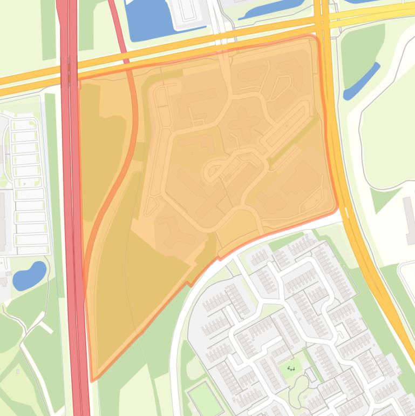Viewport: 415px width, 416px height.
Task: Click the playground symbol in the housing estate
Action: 291,369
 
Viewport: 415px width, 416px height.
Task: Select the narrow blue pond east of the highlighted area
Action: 361,82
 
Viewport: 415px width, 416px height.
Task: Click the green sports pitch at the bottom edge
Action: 205,397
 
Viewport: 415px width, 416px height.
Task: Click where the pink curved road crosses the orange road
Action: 124,58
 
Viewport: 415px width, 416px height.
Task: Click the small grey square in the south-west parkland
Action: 17,372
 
